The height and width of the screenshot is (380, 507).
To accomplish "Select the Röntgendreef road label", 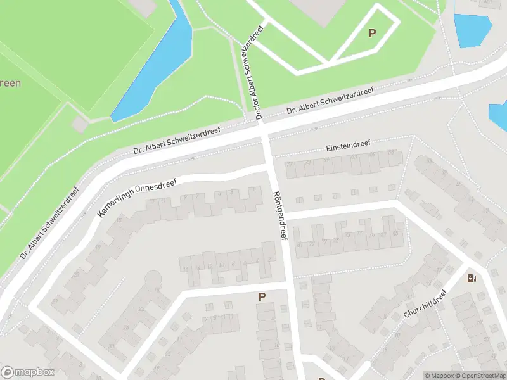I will pos(279,216).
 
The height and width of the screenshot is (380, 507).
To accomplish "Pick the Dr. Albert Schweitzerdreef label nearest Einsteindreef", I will pos(330,101).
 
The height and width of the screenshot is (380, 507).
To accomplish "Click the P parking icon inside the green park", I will pos(372,33).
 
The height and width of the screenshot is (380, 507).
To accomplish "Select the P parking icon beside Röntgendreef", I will pos(262,296).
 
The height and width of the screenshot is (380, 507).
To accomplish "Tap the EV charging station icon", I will pos(472,278).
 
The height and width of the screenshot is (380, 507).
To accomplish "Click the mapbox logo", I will pos(28,372).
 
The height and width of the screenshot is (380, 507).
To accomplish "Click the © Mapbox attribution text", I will pos(439,376).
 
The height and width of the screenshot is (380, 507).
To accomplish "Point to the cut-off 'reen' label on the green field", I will pos(10,83).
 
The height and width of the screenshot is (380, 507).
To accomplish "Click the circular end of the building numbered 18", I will pos(153,279).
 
